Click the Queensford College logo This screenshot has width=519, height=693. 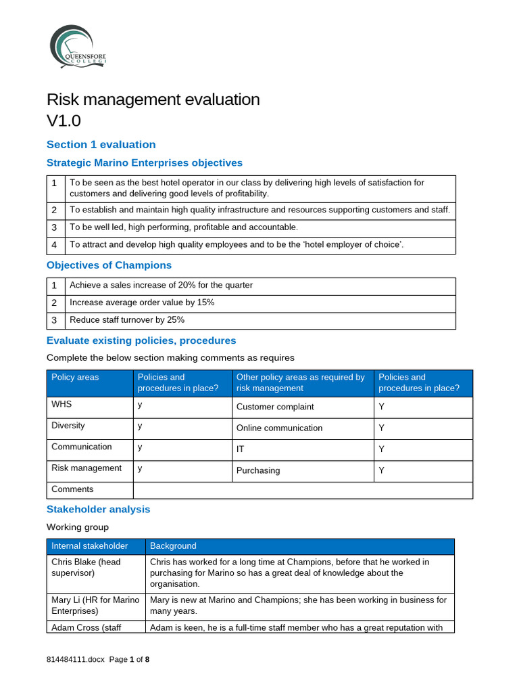[x=76, y=46]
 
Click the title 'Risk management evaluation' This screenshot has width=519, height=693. [x=153, y=99]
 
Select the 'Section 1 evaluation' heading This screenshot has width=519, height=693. [x=101, y=144]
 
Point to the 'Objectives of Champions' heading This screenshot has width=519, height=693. [x=109, y=265]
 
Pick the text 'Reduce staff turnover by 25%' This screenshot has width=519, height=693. [x=127, y=320]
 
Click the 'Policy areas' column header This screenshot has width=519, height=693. [x=75, y=378]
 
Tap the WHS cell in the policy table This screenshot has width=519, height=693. [x=61, y=404]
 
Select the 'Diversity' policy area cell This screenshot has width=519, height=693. [x=68, y=426]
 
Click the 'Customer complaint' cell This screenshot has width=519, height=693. [x=275, y=407]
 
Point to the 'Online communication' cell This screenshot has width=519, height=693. [x=279, y=428]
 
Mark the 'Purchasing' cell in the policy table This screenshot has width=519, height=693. [x=257, y=470]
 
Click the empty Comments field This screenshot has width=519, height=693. [x=303, y=489]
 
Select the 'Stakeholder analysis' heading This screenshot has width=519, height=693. [x=98, y=509]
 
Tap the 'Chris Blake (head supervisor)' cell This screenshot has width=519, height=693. [x=86, y=567]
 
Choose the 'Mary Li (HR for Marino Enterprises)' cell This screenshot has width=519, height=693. [x=95, y=605]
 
